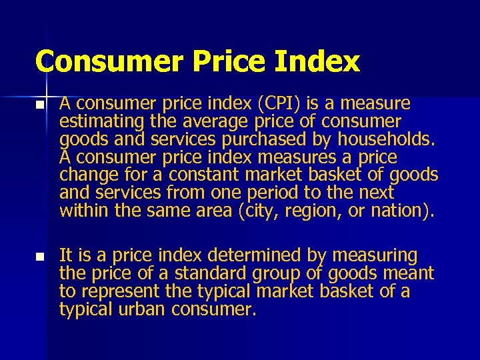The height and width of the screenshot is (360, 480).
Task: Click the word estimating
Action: [x=97, y=122]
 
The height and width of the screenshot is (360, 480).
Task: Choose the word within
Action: [x=82, y=211]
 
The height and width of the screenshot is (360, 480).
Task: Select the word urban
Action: [x=142, y=309]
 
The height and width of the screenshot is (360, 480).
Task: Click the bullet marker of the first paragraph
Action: [x=41, y=105]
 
